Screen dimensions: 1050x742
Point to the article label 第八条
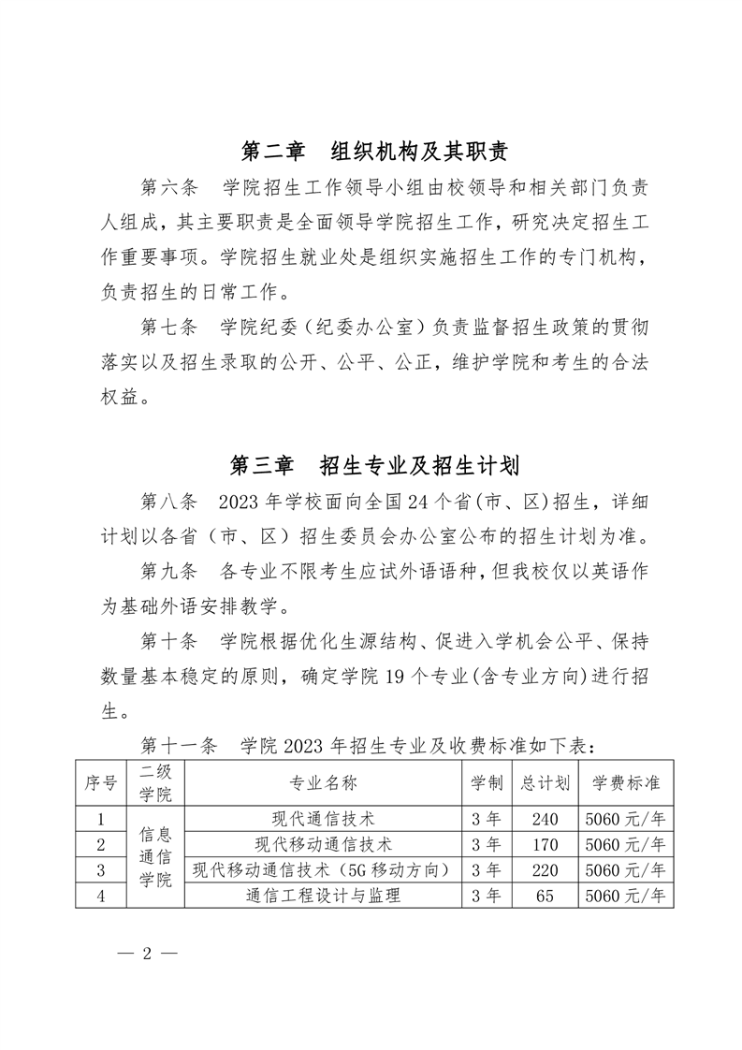(x=168, y=502)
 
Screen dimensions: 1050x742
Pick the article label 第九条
(x=168, y=571)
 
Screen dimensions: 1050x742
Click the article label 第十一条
(x=178, y=746)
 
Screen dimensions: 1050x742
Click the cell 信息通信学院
(x=156, y=856)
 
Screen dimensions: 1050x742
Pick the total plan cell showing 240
(x=543, y=820)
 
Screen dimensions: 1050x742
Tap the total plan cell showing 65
(x=544, y=896)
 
